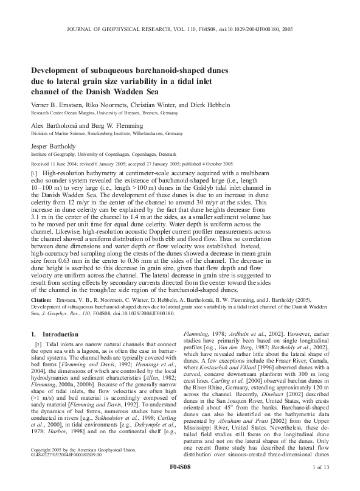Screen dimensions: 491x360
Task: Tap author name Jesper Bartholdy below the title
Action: coord(57,147)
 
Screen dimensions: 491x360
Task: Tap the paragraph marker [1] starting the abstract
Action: coord(34,174)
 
